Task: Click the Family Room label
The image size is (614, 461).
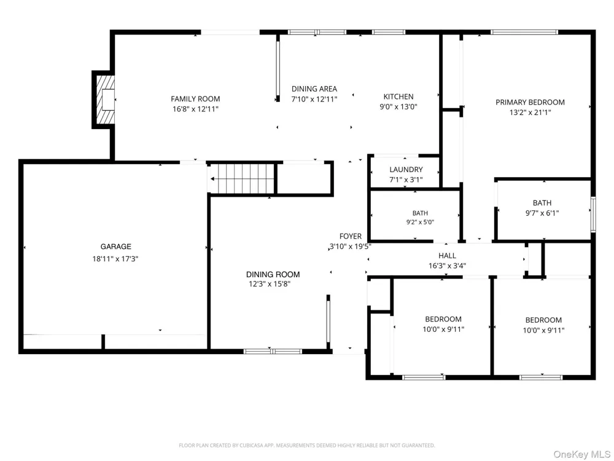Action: [195, 99]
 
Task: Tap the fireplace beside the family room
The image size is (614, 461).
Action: [104, 100]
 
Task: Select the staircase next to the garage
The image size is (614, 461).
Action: [242, 179]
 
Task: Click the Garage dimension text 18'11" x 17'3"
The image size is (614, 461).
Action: [115, 259]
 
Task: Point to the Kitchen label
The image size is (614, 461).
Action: [398, 97]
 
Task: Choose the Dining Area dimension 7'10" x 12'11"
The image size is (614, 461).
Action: [314, 99]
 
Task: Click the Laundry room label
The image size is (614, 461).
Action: [406, 170]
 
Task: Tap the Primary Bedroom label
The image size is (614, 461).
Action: [530, 102]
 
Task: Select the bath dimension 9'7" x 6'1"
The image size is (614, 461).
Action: [542, 213]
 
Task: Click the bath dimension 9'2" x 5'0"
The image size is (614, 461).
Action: [420, 222]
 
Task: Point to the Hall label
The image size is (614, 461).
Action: [447, 256]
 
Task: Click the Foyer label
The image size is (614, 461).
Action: [351, 236]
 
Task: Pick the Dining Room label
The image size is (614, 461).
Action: [273, 274]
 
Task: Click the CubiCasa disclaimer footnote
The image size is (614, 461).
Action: [307, 445]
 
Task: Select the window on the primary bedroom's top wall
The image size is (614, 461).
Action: [524, 32]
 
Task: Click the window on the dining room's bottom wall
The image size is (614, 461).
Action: [273, 351]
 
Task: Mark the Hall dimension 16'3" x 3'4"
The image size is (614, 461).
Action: [447, 266]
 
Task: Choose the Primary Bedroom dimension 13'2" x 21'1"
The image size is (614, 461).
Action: [530, 112]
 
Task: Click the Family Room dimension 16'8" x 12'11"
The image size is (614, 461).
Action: [195, 109]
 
